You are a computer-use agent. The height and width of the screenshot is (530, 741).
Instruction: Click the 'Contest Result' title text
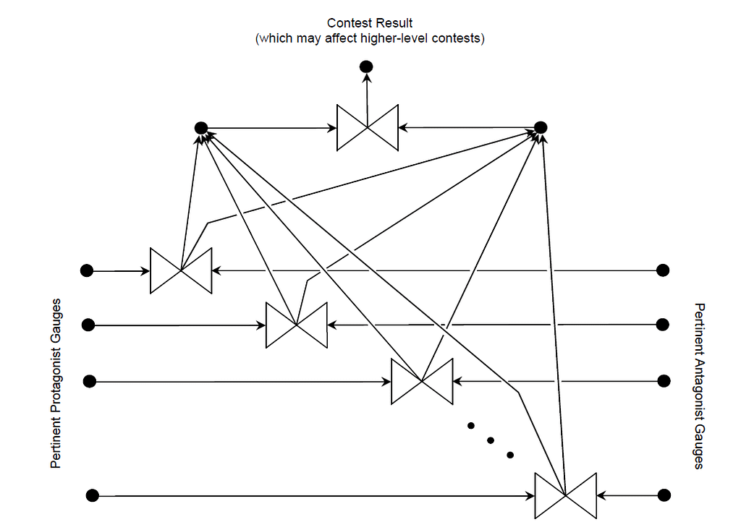[370, 24]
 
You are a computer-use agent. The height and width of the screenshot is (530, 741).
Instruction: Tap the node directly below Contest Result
[366, 67]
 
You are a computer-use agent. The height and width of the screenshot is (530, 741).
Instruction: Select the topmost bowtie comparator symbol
[368, 128]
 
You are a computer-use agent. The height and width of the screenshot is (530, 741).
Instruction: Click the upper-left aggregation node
[201, 128]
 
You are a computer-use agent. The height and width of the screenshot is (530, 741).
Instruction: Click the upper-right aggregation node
[541, 128]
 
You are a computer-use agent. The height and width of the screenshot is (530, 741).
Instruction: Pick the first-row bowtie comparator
[181, 270]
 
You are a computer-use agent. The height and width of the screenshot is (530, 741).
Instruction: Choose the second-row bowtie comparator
[297, 325]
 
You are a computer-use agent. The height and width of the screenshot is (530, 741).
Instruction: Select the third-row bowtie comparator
[422, 381]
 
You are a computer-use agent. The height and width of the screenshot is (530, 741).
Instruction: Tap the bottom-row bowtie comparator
[565, 495]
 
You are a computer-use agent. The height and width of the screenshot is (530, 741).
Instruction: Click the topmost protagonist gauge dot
[87, 270]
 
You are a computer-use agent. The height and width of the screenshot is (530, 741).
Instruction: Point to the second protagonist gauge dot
[88, 325]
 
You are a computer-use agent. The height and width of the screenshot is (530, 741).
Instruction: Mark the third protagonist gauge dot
[90, 381]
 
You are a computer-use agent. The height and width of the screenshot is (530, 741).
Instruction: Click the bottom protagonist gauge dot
[92, 495]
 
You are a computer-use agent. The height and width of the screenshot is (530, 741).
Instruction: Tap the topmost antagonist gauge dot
[662, 270]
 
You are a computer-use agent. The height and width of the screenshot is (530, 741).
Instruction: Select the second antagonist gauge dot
[662, 325]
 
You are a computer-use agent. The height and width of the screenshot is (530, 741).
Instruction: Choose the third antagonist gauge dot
[664, 381]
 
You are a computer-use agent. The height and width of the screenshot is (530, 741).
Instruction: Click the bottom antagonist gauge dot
[664, 495]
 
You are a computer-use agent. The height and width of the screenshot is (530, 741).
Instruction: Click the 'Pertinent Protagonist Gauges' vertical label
[56, 383]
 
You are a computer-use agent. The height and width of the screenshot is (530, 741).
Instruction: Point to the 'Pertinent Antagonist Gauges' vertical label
[699, 386]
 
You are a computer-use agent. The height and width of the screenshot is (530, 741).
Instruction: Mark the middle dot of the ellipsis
[490, 440]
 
